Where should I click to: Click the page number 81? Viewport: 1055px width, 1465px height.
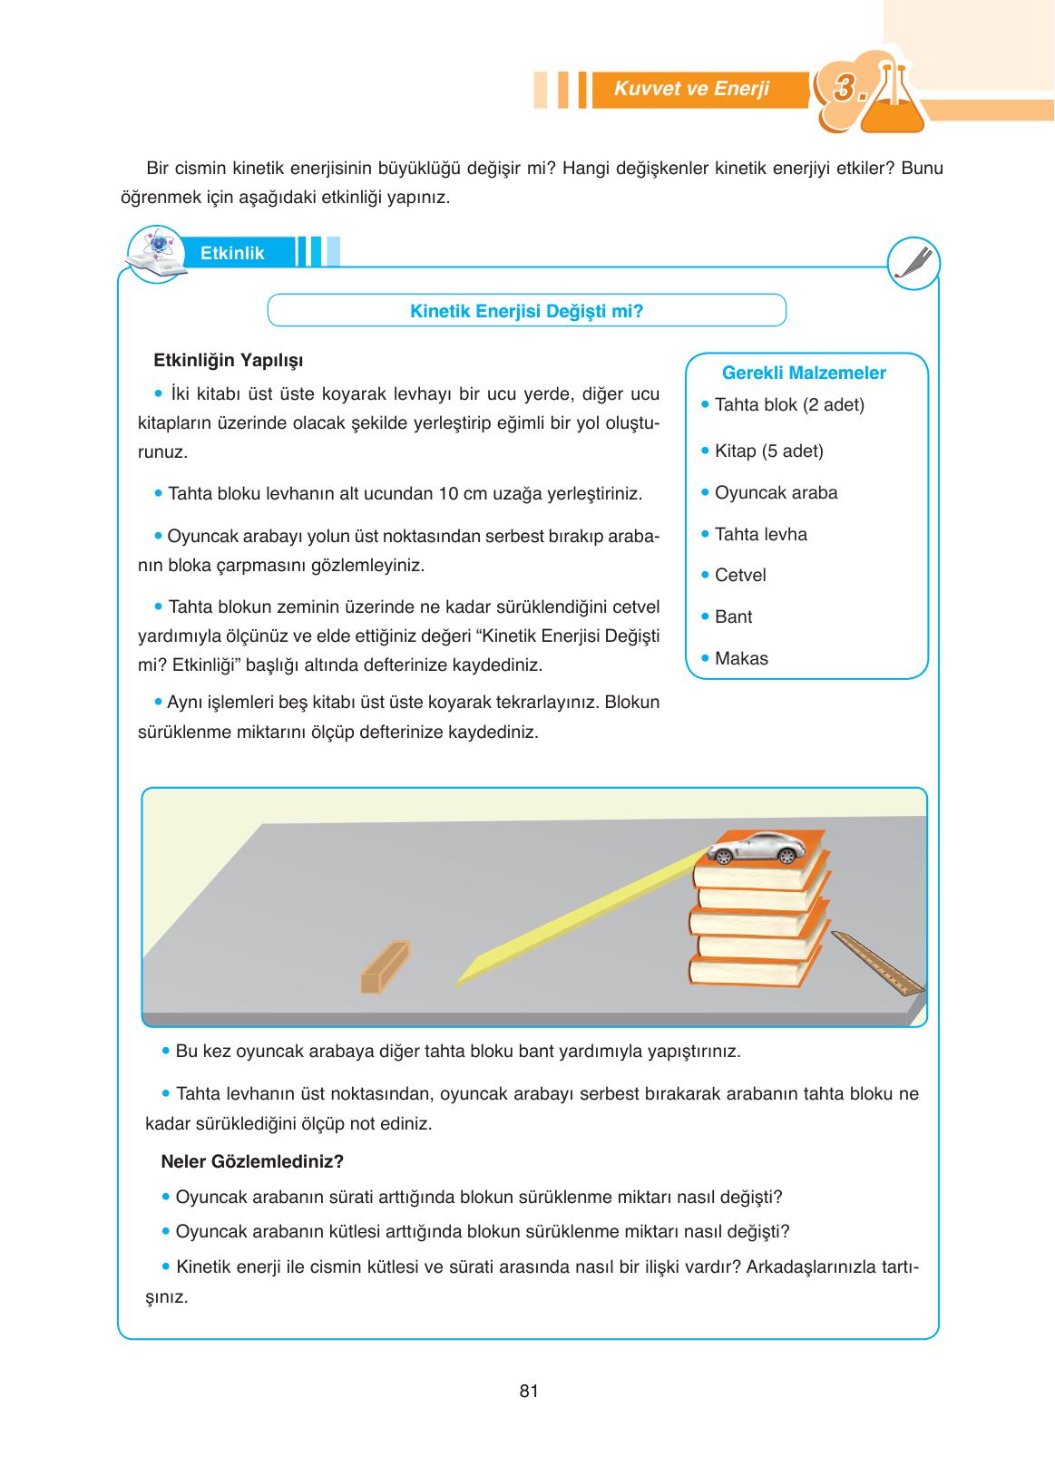pyautogui.click(x=529, y=1391)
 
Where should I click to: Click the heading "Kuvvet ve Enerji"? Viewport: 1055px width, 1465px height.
pyautogui.click(x=691, y=89)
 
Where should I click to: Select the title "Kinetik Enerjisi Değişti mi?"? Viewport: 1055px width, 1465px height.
pyautogui.click(x=526, y=311)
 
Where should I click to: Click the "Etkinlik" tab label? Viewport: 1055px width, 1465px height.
pyautogui.click(x=232, y=253)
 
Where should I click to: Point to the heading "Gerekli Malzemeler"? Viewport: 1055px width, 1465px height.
pyautogui.click(x=804, y=373)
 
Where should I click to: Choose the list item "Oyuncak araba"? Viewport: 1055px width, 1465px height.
pyautogui.click(x=776, y=492)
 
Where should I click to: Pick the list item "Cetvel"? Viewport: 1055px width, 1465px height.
pyautogui.click(x=740, y=575)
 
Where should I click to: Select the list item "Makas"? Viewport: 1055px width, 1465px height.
pyautogui.click(x=741, y=658)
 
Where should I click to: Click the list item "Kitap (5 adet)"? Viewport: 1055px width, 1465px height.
pyautogui.click(x=768, y=451)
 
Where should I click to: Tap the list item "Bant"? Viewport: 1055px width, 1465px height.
pyautogui.click(x=733, y=616)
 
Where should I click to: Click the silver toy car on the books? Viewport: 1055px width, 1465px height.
pyautogui.click(x=757, y=849)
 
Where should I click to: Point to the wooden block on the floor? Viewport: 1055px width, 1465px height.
pyautogui.click(x=385, y=967)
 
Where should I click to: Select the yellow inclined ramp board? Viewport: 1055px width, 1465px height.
pyautogui.click(x=581, y=916)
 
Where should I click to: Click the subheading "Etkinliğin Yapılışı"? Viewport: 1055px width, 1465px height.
pyautogui.click(x=228, y=360)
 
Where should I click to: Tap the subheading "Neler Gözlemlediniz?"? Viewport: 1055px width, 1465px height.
pyautogui.click(x=252, y=1161)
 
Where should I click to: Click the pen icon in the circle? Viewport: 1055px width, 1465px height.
pyautogui.click(x=913, y=263)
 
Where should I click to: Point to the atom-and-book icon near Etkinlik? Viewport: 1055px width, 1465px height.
pyautogui.click(x=157, y=254)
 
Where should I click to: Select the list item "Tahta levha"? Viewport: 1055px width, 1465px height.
pyautogui.click(x=760, y=534)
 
